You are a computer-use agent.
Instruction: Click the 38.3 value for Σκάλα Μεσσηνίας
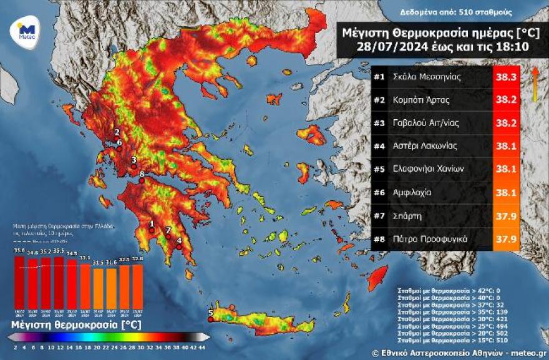pos(505,77)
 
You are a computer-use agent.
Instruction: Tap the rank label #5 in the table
pos(379,168)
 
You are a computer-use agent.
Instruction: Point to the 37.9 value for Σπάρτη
pos(505,215)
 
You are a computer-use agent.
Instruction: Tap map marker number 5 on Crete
pos(210,319)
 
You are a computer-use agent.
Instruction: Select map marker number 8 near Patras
pos(142,180)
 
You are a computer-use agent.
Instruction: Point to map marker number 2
pos(116,138)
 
